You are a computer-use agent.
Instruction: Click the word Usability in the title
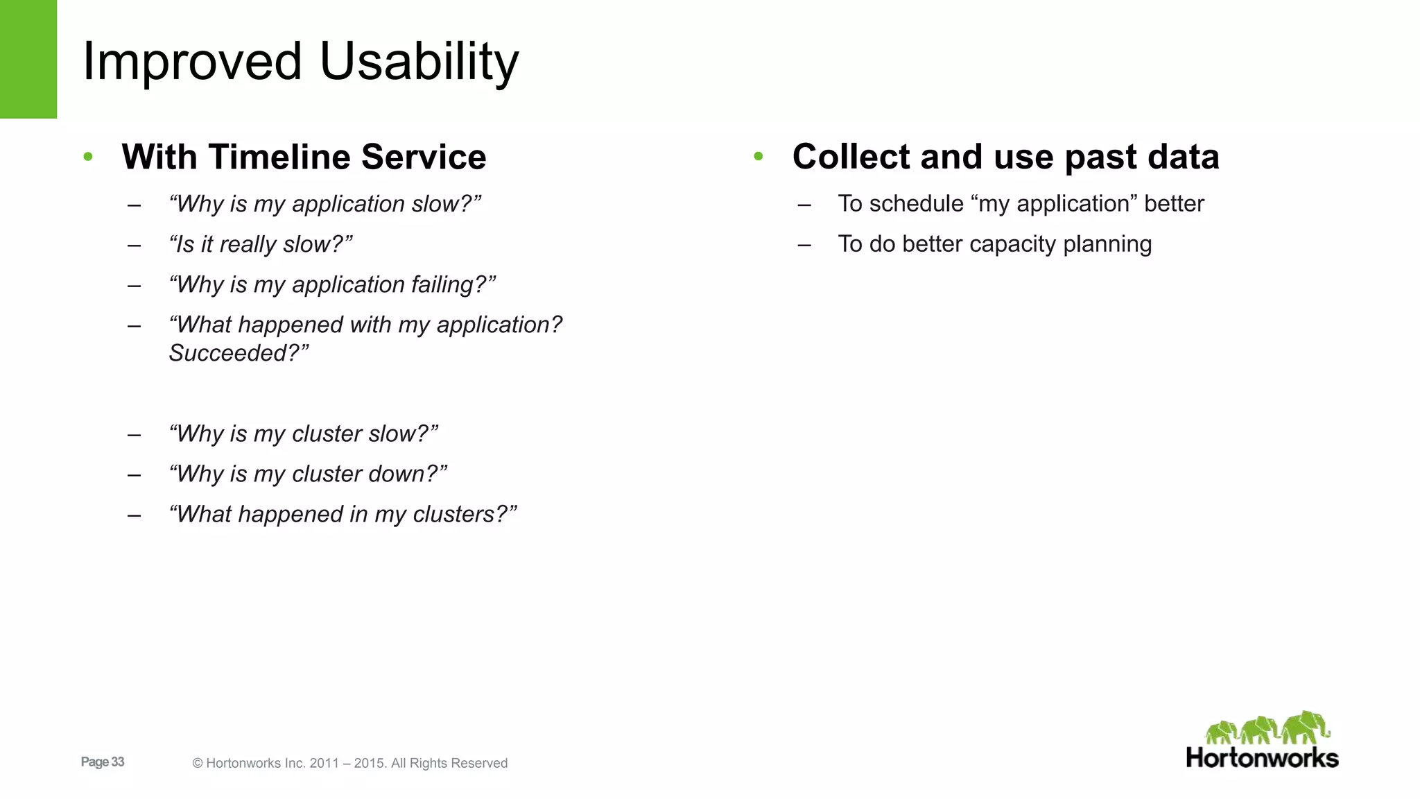(x=419, y=62)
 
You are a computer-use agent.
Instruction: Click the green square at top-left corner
(x=28, y=59)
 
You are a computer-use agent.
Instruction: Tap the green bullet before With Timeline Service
(x=88, y=157)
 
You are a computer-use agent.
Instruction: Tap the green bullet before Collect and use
(x=759, y=157)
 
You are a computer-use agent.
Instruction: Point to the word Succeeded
(x=228, y=353)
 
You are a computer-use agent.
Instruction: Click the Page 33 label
(x=103, y=762)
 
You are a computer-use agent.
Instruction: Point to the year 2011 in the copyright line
(x=324, y=764)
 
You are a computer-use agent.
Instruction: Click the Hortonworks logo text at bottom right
(x=1262, y=758)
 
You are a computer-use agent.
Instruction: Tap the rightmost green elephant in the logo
(x=1305, y=728)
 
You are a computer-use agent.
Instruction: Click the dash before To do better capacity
(x=804, y=245)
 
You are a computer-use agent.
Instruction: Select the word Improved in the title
(x=192, y=62)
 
